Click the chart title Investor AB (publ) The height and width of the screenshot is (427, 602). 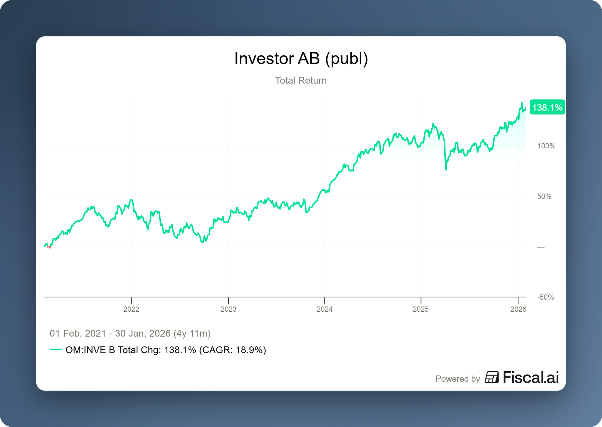[x=301, y=58]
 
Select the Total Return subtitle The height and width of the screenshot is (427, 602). [x=301, y=80]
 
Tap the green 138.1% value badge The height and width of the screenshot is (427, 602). [x=547, y=108]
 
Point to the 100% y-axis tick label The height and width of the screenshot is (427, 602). [x=546, y=146]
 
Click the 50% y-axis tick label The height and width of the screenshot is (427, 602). [x=544, y=196]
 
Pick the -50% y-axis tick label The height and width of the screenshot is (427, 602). [x=545, y=297]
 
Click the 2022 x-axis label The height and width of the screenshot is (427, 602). [x=131, y=309]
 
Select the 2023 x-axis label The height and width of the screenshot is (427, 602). [x=228, y=309]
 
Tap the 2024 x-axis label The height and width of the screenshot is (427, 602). [x=324, y=309]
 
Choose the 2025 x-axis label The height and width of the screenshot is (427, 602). [x=420, y=309]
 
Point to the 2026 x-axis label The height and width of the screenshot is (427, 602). [x=518, y=309]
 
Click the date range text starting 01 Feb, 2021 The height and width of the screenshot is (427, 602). [x=130, y=333]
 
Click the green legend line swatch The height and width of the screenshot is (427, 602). [x=56, y=350]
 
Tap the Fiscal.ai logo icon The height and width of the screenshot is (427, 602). [x=492, y=377]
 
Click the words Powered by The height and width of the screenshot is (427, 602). [x=458, y=379]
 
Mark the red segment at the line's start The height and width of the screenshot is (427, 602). [x=49, y=247]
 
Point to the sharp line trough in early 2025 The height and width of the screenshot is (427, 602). [x=446, y=170]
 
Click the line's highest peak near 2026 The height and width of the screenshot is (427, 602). [x=522, y=103]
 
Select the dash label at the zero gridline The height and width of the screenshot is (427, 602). [x=541, y=247]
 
